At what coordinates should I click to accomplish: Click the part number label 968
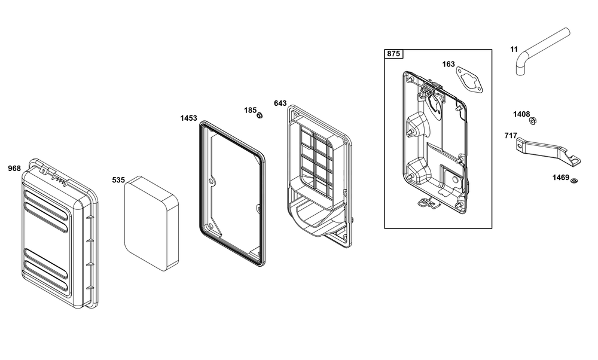[x=14, y=168]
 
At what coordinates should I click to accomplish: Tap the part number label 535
[x=118, y=180]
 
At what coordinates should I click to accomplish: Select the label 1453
[x=189, y=118]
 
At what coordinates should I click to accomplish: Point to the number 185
[x=250, y=110]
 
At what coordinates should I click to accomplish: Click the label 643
[x=280, y=103]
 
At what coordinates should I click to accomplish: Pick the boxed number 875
[x=393, y=54]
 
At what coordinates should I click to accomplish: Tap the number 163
[x=448, y=64]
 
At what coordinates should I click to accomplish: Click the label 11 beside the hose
[x=514, y=49]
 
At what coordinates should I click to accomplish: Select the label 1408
[x=521, y=114]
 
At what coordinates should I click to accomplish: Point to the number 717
[x=511, y=135]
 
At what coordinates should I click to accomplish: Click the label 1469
[x=561, y=178]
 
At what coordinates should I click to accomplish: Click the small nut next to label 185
[x=260, y=115]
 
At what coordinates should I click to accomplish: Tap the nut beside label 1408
[x=533, y=121]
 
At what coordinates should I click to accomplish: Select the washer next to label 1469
[x=574, y=180]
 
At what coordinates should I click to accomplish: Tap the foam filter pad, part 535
[x=151, y=224]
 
